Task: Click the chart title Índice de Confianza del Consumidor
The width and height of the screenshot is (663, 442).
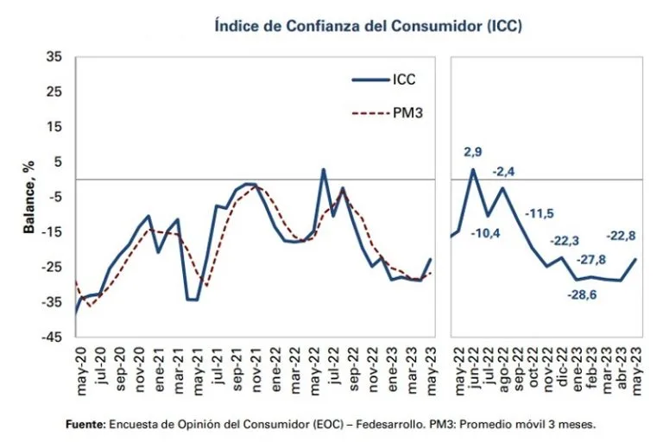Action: (x=369, y=26)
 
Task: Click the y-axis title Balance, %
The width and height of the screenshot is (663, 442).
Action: (x=29, y=197)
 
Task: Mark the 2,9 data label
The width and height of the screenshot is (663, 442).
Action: (x=473, y=153)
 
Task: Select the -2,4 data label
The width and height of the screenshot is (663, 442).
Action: (x=504, y=171)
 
